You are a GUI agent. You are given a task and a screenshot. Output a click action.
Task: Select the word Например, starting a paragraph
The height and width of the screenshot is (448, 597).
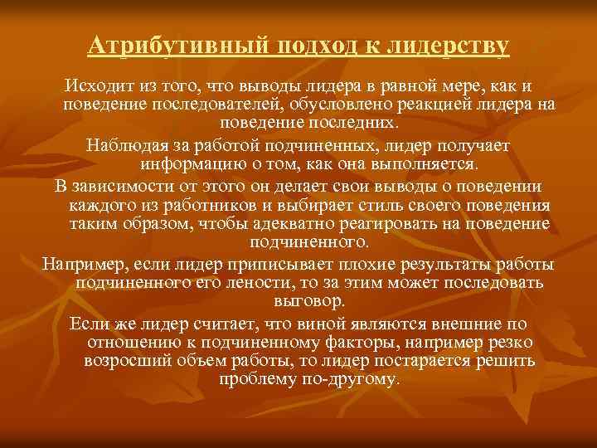(x=77, y=263)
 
